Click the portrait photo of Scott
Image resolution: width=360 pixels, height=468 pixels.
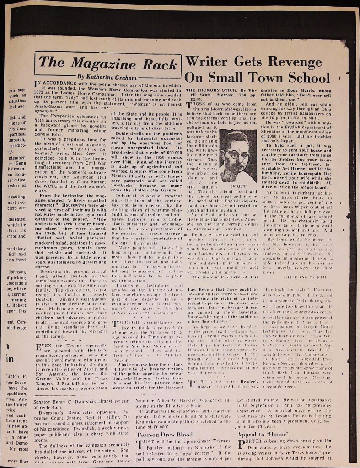tap(237, 155)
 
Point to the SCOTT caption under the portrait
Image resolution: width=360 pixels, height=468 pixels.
tap(238, 186)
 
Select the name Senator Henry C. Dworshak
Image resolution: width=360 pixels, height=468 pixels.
tap(61, 403)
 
